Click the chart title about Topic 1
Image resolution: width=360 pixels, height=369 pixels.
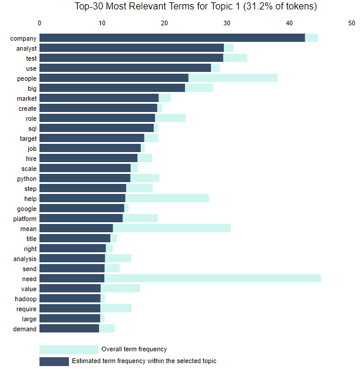click(196, 7)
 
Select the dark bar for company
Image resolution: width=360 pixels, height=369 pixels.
click(172, 38)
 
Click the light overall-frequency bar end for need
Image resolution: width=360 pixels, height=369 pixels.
click(212, 278)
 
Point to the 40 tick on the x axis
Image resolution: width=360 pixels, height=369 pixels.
click(289, 23)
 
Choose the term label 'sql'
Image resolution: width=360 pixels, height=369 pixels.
click(31, 127)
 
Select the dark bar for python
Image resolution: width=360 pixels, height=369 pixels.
click(85, 177)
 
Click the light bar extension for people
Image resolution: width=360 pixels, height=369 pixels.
click(233, 78)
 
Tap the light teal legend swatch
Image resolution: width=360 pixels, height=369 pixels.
click(68, 350)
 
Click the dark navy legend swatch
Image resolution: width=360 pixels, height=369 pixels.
click(54, 361)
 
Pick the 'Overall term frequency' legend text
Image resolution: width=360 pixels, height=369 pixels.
click(134, 350)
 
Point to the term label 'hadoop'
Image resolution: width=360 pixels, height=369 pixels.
click(26, 299)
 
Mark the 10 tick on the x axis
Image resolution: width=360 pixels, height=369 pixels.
click(102, 23)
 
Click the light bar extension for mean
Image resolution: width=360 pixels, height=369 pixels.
click(171, 228)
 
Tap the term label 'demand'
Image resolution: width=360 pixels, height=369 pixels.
click(25, 329)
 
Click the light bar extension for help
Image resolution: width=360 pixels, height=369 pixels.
click(167, 198)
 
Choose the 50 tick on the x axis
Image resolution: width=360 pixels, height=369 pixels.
click(352, 23)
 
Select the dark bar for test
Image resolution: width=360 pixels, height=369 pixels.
click(131, 58)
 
